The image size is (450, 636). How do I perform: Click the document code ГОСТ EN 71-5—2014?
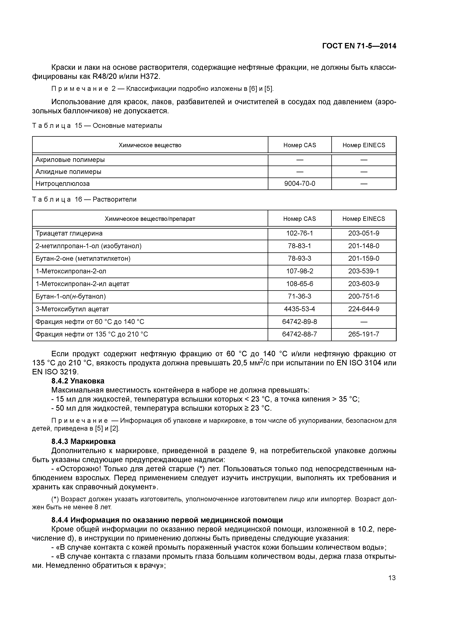coord(359,46)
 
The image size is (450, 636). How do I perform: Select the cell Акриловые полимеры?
coord(70,160)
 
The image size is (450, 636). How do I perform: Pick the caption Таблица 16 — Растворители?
coord(84,199)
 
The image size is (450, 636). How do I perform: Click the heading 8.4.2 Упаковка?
coord(78,381)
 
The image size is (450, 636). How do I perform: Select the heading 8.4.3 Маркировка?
coord(83,441)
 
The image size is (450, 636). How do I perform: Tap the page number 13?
coord(392,578)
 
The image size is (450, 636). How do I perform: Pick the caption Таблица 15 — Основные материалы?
coord(97,126)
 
